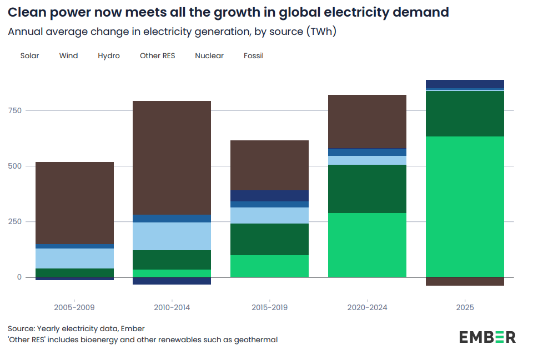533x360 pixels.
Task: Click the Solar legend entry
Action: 29,55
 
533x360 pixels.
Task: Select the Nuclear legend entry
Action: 209,55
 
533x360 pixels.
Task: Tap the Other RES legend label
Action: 157,55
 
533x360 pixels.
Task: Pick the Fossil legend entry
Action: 254,55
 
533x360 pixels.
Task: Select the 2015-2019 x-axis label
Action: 269,307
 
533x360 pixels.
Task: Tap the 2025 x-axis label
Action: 465,307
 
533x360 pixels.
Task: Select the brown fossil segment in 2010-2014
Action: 172,158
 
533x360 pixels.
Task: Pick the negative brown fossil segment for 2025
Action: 465,281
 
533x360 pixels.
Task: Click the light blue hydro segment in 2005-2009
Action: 74,258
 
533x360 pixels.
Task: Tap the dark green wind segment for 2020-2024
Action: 367,189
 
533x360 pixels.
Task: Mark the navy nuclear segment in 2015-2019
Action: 269,195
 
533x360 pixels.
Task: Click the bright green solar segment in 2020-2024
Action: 367,245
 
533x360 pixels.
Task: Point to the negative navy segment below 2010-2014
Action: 172,281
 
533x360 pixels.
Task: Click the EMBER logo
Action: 487,337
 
